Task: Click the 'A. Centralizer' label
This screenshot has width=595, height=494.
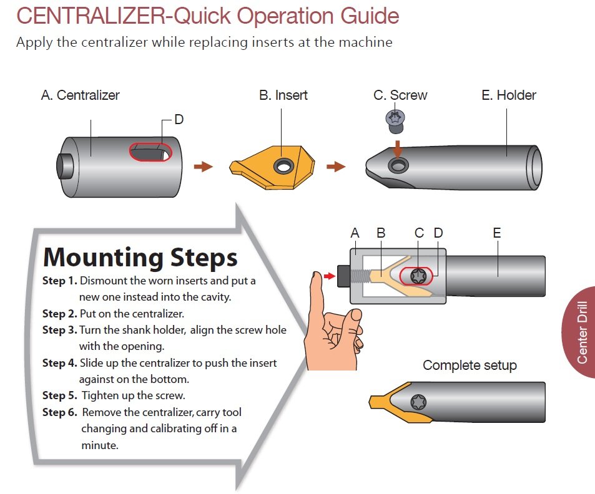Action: (x=80, y=95)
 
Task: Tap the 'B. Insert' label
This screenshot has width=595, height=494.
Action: (x=283, y=95)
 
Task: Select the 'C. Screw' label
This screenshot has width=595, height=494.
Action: (x=400, y=95)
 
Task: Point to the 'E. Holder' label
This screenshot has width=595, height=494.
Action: (x=509, y=95)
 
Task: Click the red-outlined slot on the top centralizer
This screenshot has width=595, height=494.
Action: (x=150, y=152)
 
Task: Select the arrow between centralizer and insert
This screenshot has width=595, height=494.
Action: (x=203, y=167)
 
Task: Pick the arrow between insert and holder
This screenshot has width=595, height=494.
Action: (x=336, y=167)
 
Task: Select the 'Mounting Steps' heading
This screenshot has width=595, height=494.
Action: (x=140, y=256)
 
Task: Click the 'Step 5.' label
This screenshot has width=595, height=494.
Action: (x=61, y=395)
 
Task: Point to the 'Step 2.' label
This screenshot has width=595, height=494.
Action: (x=61, y=313)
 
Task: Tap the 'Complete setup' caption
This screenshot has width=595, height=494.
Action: (x=470, y=366)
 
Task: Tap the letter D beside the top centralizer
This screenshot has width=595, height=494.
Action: (x=179, y=119)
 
